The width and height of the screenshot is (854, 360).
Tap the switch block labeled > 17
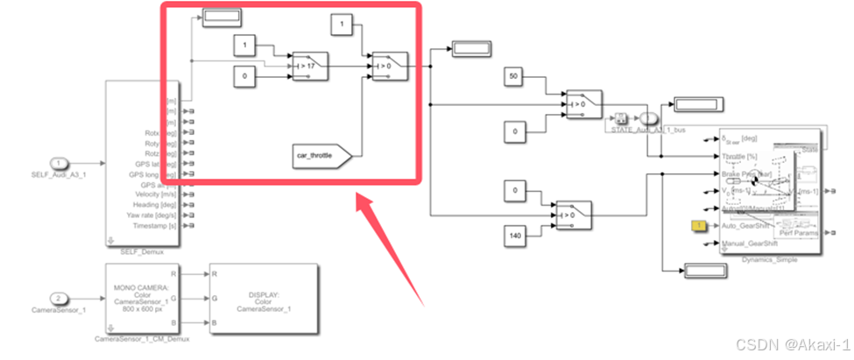click(308, 65)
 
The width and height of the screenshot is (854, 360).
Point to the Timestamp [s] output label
click(152, 225)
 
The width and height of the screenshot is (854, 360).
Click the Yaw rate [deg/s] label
click(152, 215)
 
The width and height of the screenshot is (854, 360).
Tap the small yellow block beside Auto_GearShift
click(700, 227)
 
